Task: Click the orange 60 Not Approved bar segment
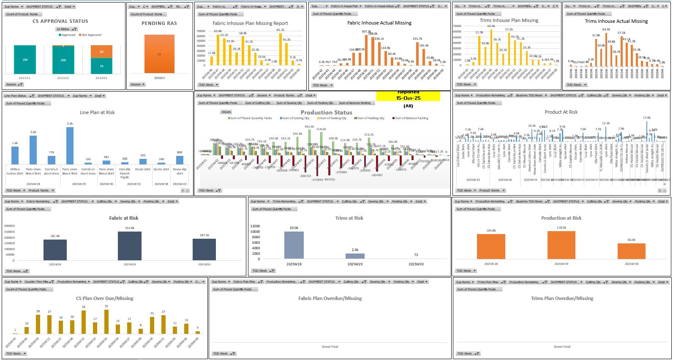click(x=101, y=52)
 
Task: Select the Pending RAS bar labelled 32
click(x=159, y=54)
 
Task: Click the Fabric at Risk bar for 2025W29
click(x=130, y=245)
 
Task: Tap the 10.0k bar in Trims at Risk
click(x=294, y=245)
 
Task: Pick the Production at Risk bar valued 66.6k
click(x=631, y=251)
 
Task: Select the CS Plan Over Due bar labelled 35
click(x=106, y=322)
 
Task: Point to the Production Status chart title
click(x=326, y=112)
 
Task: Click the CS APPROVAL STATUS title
click(x=60, y=21)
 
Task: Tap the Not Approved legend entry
click(x=91, y=35)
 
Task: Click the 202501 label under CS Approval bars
click(x=25, y=78)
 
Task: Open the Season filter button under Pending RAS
click(x=138, y=85)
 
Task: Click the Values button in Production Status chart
click(x=226, y=112)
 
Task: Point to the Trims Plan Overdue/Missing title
click(x=562, y=298)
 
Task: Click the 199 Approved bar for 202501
click(x=25, y=60)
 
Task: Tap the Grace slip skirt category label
click(x=180, y=171)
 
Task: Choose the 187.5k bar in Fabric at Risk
click(x=204, y=249)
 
